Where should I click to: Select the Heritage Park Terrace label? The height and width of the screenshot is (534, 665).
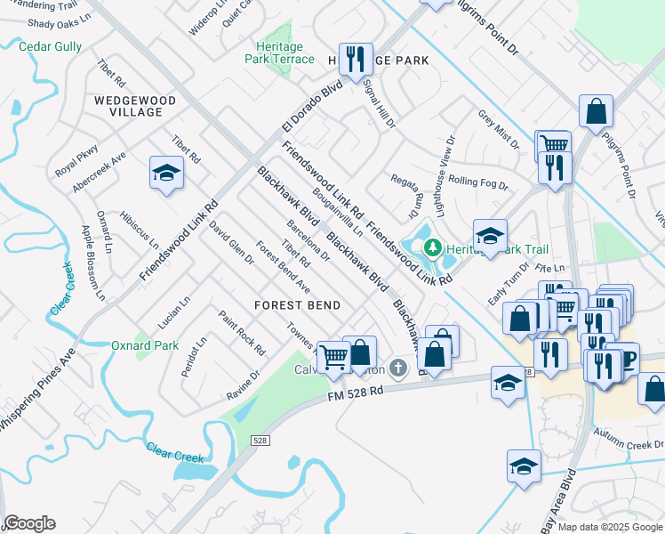(x=280, y=53)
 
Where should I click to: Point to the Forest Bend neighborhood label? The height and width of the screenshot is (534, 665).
(x=297, y=305)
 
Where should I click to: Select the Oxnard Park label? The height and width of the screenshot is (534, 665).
(x=145, y=345)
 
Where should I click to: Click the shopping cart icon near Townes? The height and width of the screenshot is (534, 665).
(x=333, y=356)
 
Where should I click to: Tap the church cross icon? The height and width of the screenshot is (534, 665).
(x=400, y=367)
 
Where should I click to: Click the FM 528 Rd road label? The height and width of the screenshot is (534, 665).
(x=355, y=391)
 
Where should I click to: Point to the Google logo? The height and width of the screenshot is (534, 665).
(x=29, y=523)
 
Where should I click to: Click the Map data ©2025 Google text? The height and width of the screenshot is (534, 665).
(x=610, y=527)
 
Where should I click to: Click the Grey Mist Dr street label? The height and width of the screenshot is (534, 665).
(x=498, y=130)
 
